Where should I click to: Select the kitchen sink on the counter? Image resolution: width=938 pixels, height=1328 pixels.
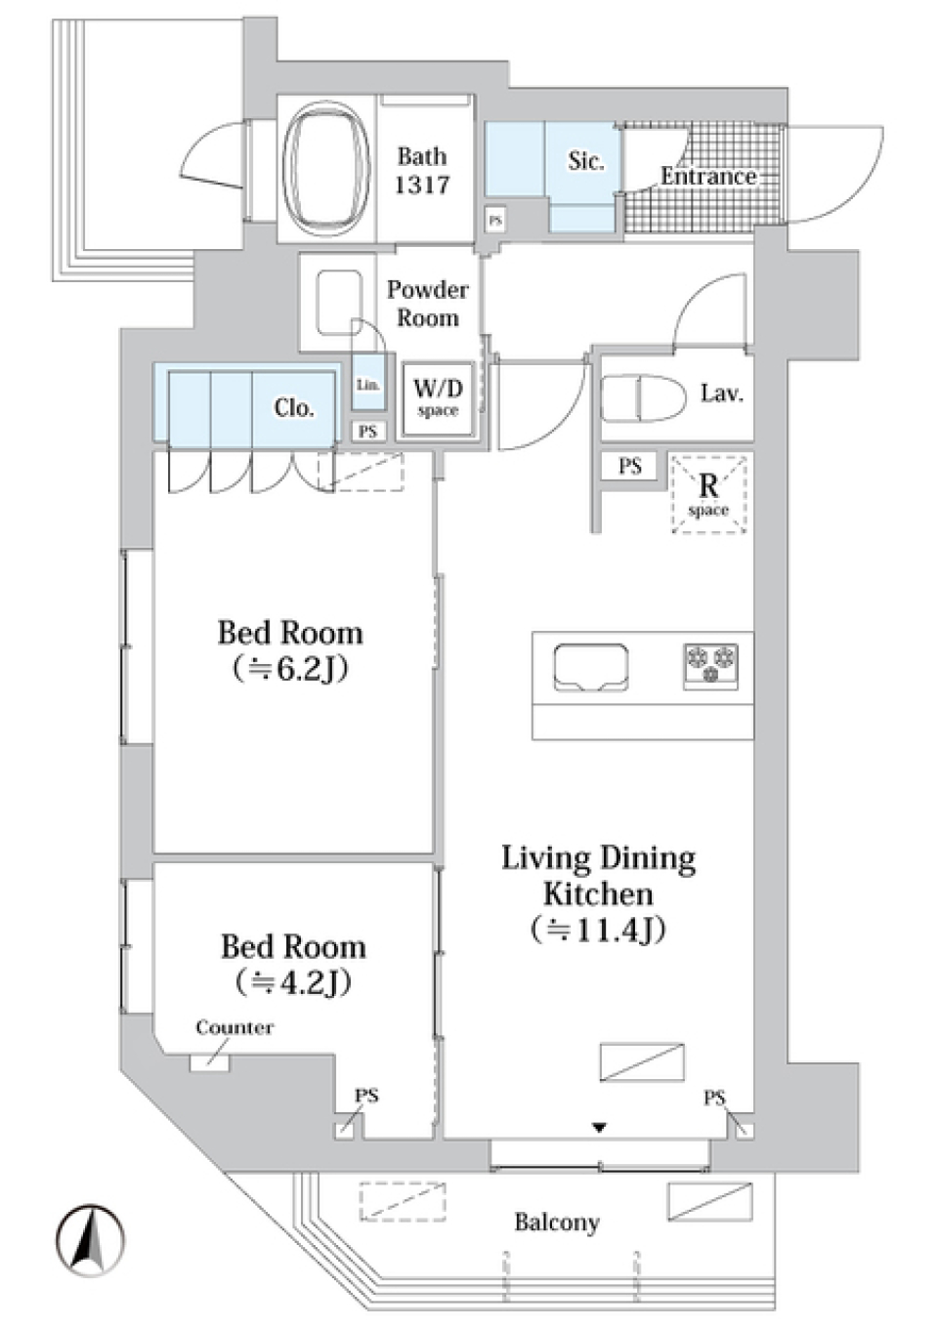click(x=590, y=668)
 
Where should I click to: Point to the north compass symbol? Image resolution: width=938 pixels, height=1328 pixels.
click(x=90, y=1240)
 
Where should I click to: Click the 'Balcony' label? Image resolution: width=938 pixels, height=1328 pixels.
click(x=556, y=1223)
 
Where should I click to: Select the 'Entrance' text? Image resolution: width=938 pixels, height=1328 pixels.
click(x=707, y=177)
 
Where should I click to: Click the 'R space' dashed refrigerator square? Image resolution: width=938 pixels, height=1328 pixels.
click(x=708, y=494)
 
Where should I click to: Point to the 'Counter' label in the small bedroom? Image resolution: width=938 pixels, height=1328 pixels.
click(x=234, y=1027)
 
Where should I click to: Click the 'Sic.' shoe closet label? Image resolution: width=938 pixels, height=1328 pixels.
click(x=585, y=161)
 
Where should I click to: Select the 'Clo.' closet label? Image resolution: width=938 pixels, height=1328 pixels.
click(x=293, y=407)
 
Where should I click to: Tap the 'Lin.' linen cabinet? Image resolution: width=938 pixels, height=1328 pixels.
click(x=368, y=384)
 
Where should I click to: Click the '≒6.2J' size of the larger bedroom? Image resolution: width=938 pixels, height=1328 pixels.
click(x=290, y=670)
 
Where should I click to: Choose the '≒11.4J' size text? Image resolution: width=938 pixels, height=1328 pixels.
click(x=598, y=930)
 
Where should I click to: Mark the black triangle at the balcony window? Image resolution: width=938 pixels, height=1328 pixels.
click(x=599, y=1128)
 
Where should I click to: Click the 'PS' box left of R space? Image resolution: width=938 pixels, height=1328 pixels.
click(x=630, y=467)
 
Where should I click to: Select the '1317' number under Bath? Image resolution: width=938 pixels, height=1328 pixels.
click(x=422, y=185)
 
